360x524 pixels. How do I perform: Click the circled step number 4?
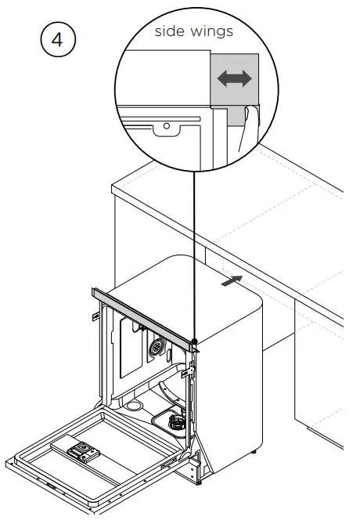click(56, 40)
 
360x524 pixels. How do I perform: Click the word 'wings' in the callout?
click(211, 32)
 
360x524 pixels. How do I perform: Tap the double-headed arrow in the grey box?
click(235, 79)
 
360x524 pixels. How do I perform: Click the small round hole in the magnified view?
click(166, 125)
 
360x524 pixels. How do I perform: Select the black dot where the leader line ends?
click(193, 342)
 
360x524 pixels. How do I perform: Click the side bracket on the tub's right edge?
click(185, 375)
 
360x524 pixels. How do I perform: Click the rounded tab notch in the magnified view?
click(166, 128)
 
